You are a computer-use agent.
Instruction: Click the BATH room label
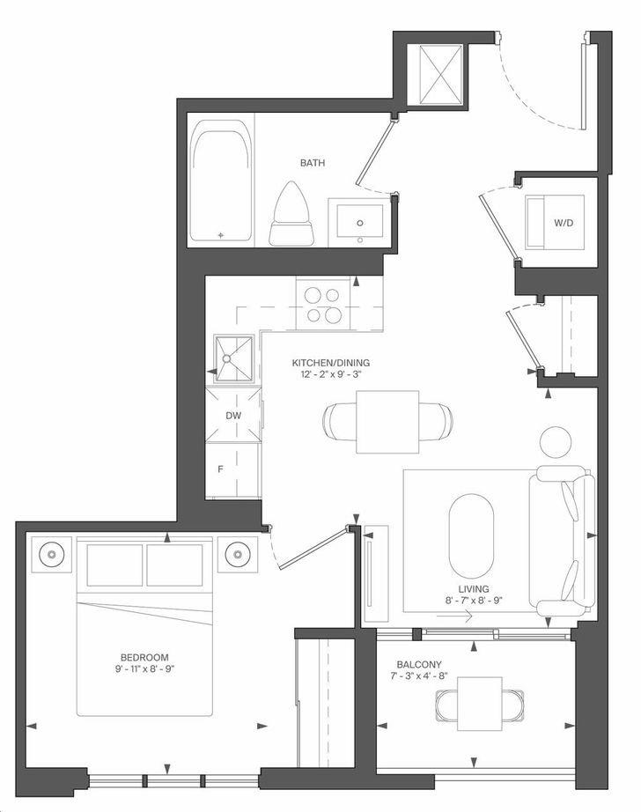[x=313, y=163]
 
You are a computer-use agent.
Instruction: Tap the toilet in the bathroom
[x=291, y=213]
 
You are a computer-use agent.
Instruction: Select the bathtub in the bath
[x=221, y=181]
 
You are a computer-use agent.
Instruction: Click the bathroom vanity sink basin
[x=360, y=223]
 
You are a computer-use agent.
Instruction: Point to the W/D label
[x=564, y=223]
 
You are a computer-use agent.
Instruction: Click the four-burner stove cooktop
[x=323, y=304]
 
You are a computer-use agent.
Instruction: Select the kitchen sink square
[x=234, y=358]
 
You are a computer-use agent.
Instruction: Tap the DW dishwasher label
[x=233, y=416]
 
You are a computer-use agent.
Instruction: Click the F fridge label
[x=220, y=469]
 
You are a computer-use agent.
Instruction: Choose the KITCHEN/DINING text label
[x=331, y=363]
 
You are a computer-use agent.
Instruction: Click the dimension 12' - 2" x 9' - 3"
[x=330, y=374]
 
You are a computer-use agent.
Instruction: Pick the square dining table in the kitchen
[x=387, y=422]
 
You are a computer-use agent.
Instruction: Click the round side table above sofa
[x=556, y=442]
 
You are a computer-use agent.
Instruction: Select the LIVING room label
[x=474, y=589]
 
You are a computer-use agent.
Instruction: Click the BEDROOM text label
[x=144, y=657]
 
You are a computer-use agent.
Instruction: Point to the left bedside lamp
[x=51, y=554]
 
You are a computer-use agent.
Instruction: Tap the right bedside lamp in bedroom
[x=238, y=554]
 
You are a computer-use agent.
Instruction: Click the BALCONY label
[x=419, y=664]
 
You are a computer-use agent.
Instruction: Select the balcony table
[x=480, y=704]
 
